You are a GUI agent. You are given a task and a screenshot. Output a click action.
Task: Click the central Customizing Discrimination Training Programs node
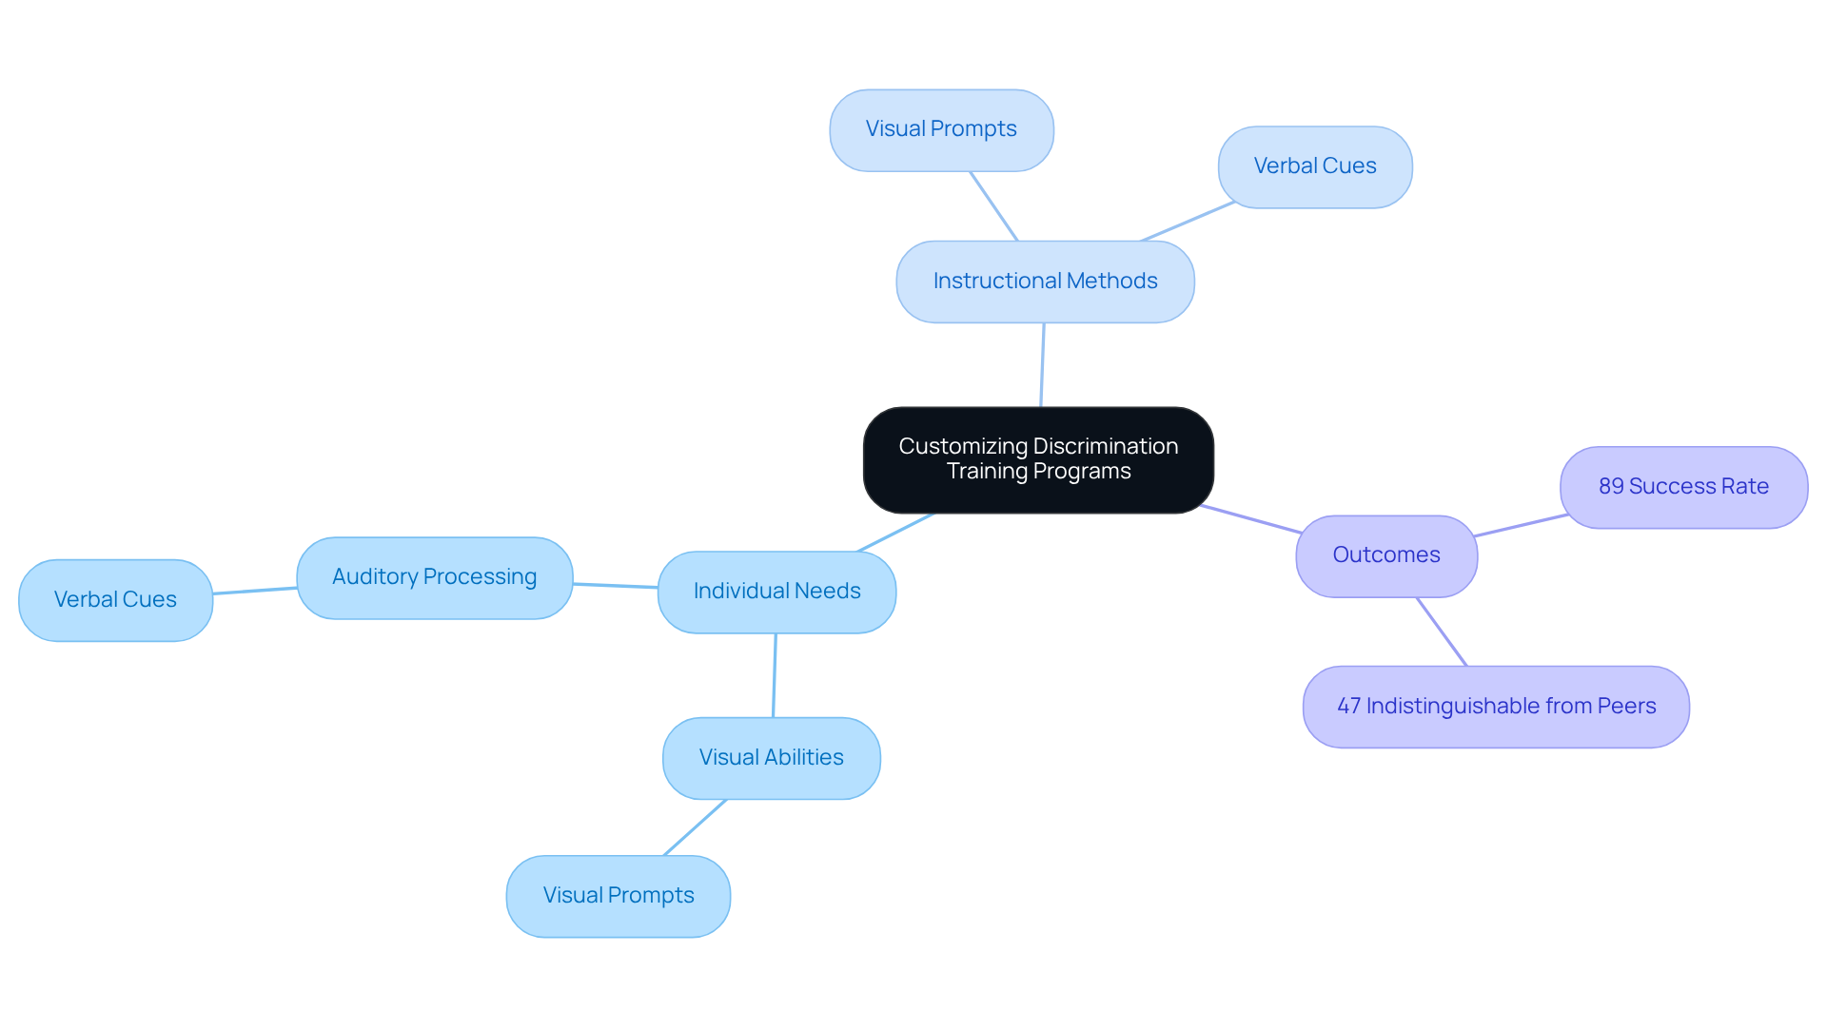pyautogui.click(x=1038, y=460)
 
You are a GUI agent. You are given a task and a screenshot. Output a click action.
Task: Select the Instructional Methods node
pyautogui.click(x=1045, y=282)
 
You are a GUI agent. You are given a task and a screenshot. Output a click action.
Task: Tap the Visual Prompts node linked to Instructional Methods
pyautogui.click(x=941, y=130)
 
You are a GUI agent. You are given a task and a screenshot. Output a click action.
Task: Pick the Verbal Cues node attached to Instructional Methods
pyautogui.click(x=1315, y=167)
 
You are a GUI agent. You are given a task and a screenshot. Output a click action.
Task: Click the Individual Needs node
pyautogui.click(x=776, y=592)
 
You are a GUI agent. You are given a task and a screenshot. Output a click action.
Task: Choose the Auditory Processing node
pyautogui.click(x=434, y=577)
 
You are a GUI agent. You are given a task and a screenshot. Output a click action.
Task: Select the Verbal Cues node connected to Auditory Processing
pyautogui.click(x=115, y=600)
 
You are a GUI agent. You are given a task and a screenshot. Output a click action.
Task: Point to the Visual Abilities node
pyautogui.click(x=771, y=758)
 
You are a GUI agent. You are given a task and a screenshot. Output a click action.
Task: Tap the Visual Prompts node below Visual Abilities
pyautogui.click(x=619, y=896)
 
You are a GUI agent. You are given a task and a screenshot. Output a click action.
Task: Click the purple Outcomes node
pyautogui.click(x=1386, y=555)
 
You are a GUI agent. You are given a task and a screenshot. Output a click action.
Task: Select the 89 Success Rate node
pyautogui.click(x=1683, y=487)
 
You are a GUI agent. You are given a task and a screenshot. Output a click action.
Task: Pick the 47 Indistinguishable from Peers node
pyautogui.click(x=1496, y=707)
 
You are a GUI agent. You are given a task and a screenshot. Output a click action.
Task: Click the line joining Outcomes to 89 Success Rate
pyautogui.click(x=1521, y=525)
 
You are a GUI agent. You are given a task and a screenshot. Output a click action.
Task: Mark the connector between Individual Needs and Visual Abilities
pyautogui.click(x=775, y=675)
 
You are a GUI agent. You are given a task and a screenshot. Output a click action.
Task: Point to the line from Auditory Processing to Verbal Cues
pyautogui.click(x=255, y=591)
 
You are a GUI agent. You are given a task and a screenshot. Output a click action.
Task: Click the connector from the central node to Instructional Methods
pyautogui.click(x=1042, y=365)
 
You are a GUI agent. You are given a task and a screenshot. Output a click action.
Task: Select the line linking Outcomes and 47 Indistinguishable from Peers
pyautogui.click(x=1442, y=632)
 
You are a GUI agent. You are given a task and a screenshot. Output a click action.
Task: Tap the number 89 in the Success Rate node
pyautogui.click(x=1611, y=487)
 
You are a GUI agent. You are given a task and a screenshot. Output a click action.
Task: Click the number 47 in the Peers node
pyautogui.click(x=1348, y=707)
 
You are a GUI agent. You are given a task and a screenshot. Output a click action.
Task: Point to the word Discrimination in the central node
pyautogui.click(x=1105, y=447)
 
